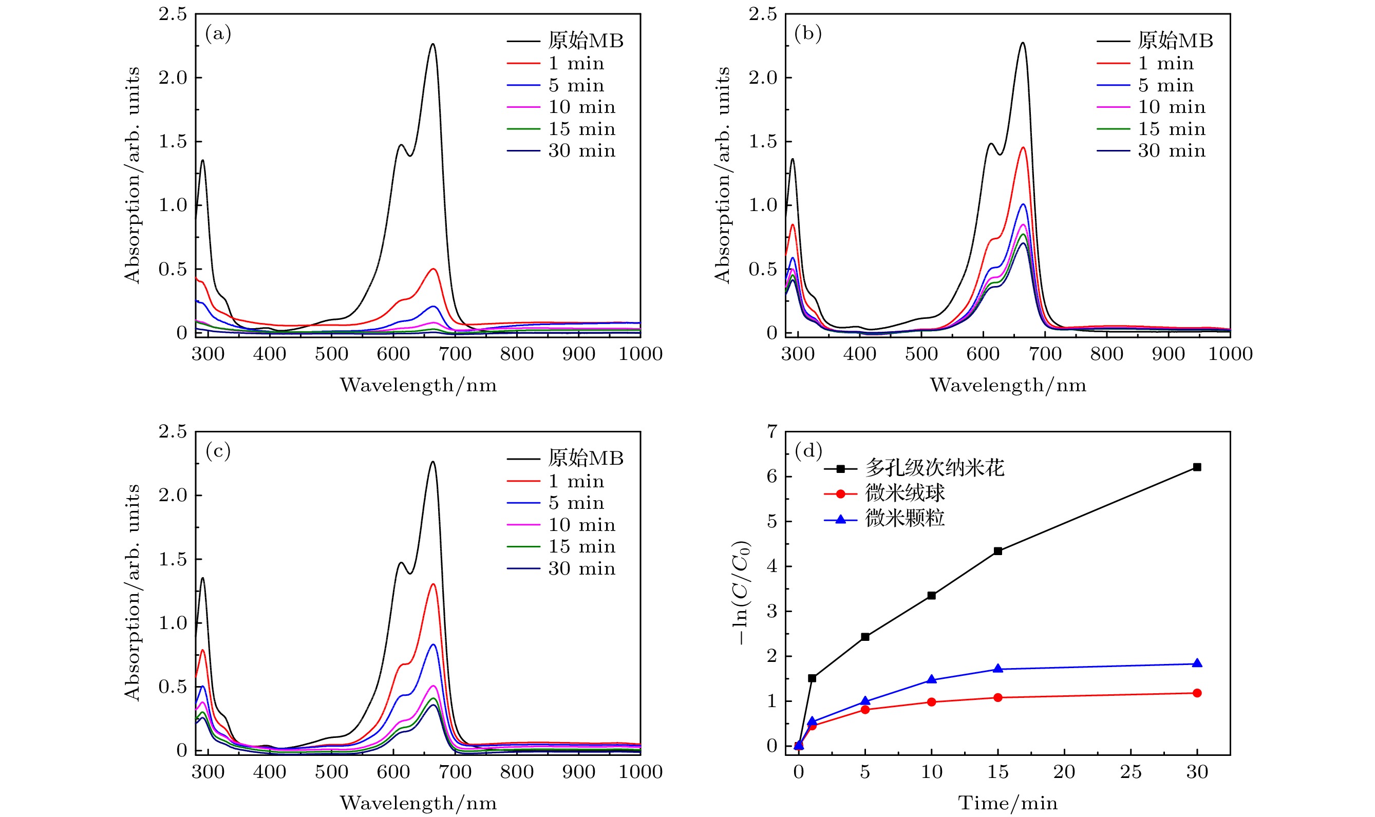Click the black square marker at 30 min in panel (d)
[1197, 467]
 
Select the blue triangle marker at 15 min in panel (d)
[998, 669]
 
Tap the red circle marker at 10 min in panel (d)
[932, 702]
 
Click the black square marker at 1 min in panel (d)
[812, 678]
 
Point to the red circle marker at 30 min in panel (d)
[1197, 693]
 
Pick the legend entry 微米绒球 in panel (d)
[905, 493]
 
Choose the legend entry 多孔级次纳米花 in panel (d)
[934, 468]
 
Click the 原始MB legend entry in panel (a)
[586, 41]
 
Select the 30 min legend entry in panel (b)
[1171, 151]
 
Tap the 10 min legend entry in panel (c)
[581, 525]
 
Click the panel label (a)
[218, 34]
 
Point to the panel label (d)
[808, 451]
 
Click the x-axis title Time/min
[1008, 803]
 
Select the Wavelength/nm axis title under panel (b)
[1008, 385]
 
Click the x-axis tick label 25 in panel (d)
[1131, 772]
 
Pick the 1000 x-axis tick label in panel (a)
[640, 354]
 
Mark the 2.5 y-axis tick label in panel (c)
[173, 432]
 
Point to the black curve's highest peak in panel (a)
[433, 44]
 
